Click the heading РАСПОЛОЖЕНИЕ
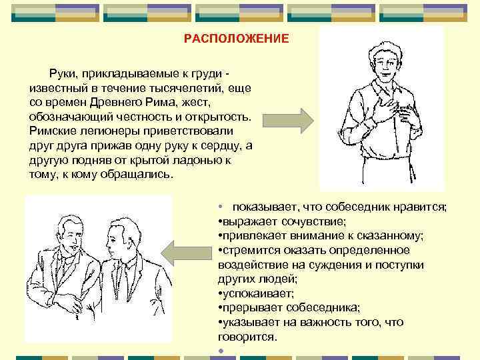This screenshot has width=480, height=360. click(x=237, y=39)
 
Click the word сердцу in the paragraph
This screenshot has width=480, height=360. click(x=220, y=146)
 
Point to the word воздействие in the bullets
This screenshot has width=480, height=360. click(x=248, y=264)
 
